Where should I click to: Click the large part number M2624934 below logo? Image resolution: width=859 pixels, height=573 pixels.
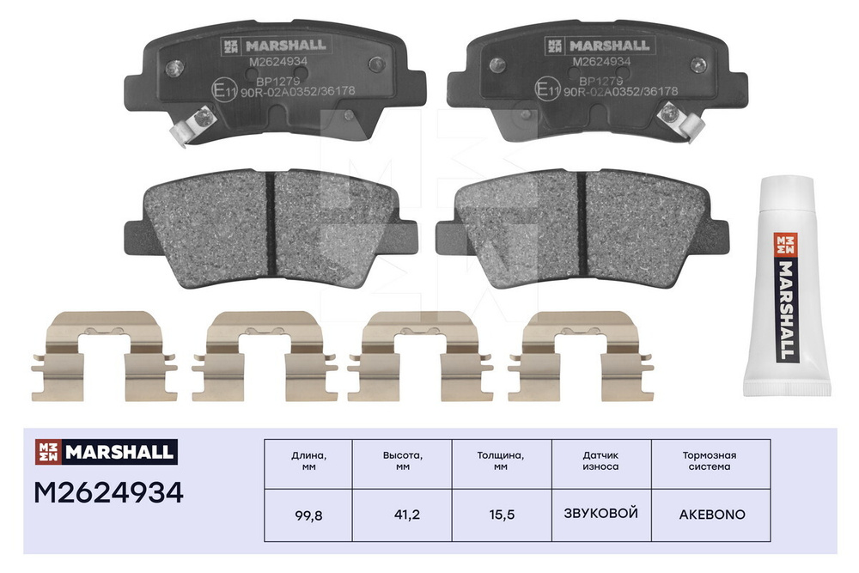108,493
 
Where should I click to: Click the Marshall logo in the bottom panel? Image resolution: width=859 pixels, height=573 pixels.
105,451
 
